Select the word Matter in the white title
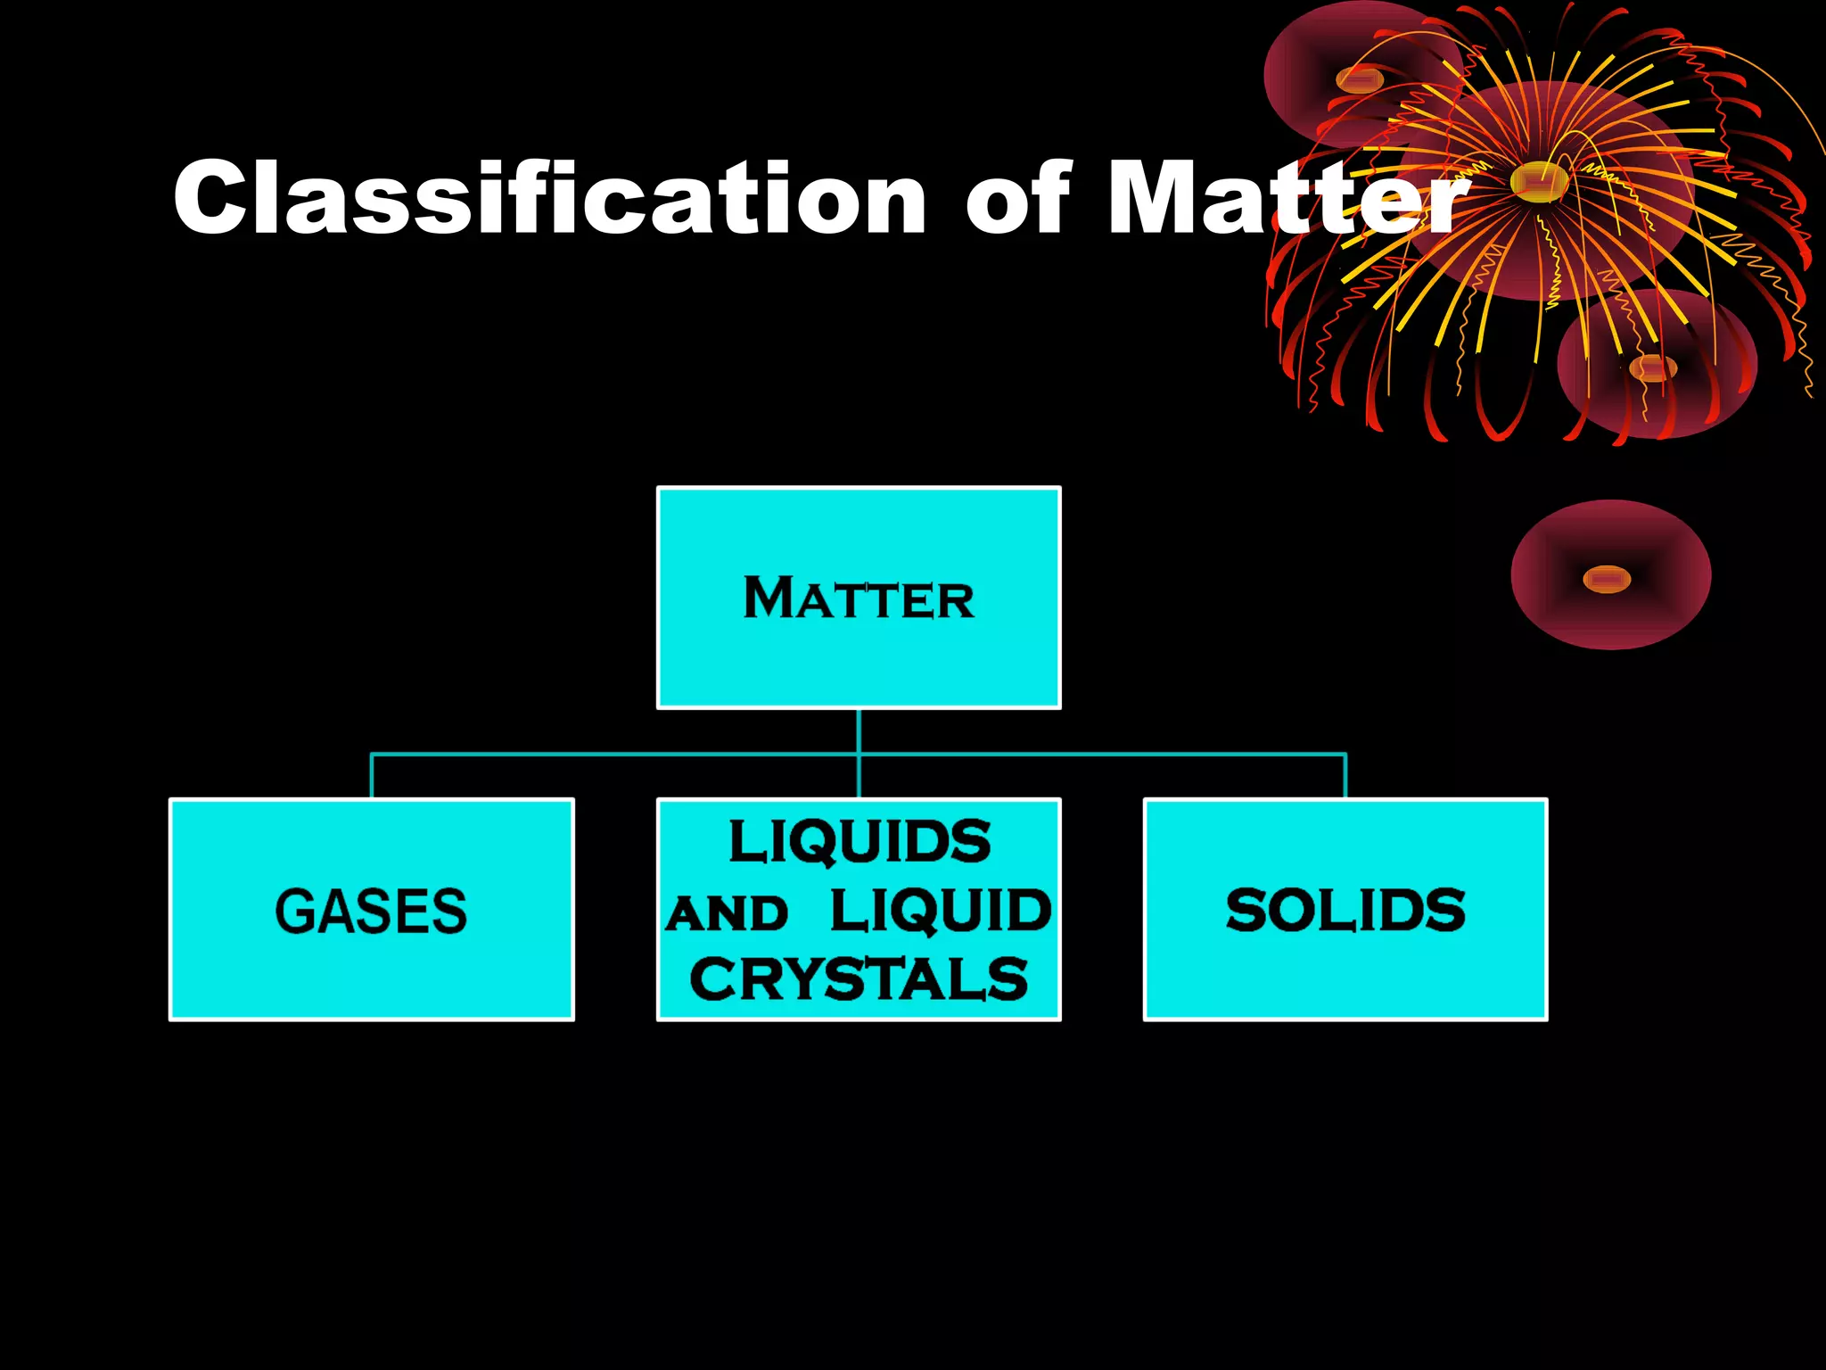click(x=1284, y=198)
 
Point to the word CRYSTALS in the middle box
click(x=859, y=979)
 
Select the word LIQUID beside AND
click(x=941, y=911)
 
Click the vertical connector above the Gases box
click(x=371, y=777)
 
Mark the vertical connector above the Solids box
click(x=1345, y=777)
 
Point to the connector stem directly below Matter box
click(x=859, y=731)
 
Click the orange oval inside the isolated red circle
click(x=1607, y=580)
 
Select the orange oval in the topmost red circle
click(x=1359, y=80)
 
